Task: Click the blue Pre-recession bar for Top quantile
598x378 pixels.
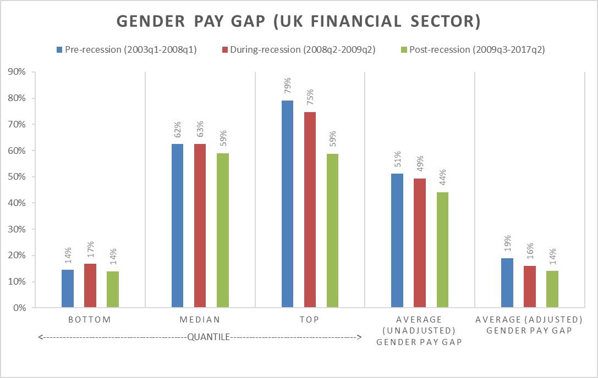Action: [287, 204]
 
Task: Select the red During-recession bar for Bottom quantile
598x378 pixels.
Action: [90, 285]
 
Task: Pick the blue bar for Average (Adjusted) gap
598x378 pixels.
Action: [507, 282]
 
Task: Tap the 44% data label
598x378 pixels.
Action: [442, 179]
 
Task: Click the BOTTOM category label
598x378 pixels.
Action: [90, 320]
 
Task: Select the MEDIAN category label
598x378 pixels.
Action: [200, 320]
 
